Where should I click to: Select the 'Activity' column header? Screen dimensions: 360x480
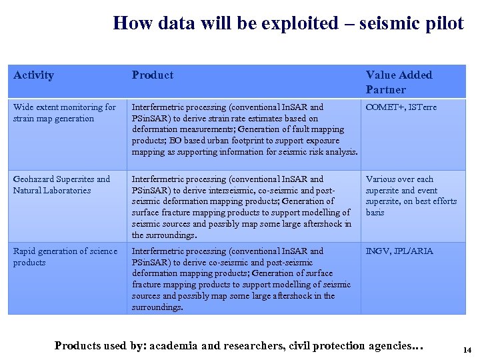pyautogui.click(x=33, y=75)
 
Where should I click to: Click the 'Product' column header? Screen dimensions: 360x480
pyautogui.click(x=153, y=75)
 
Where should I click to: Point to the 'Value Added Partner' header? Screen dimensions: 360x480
pyautogui.click(x=399, y=82)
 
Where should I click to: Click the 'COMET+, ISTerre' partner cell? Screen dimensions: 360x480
pyautogui.click(x=401, y=107)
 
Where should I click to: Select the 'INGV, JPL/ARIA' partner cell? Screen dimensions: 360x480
pyautogui.click(x=399, y=251)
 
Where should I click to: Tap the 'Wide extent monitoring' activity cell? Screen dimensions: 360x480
pyautogui.click(x=64, y=113)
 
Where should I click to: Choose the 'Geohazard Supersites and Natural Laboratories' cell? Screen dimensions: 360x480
pyautogui.click(x=61, y=185)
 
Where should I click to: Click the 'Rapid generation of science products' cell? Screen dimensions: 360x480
pyautogui.click(x=65, y=257)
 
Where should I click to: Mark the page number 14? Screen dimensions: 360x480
pyautogui.click(x=466, y=349)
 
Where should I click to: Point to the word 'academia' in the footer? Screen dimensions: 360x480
pyautogui.click(x=175, y=345)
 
